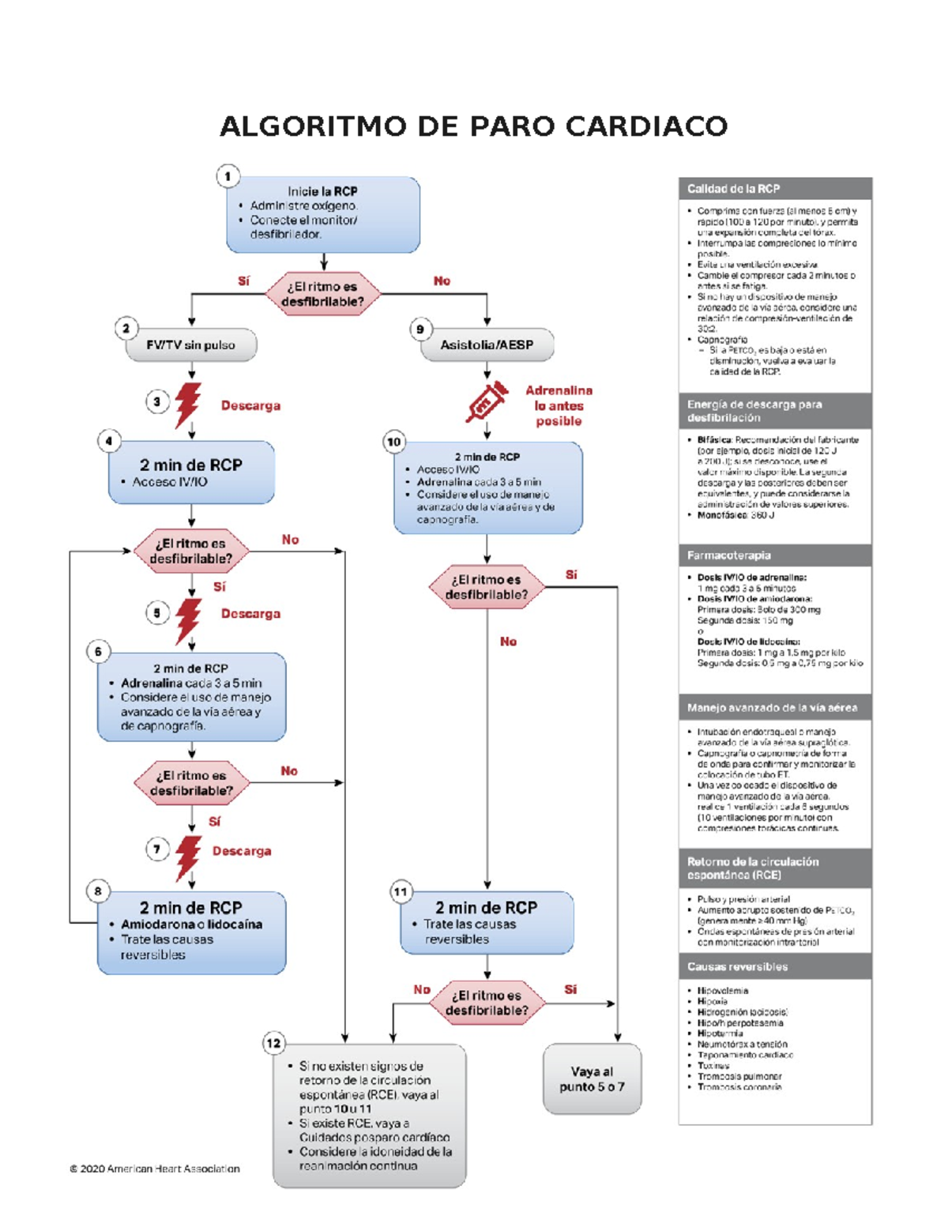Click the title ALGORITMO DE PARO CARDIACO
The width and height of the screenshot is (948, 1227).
coord(473,126)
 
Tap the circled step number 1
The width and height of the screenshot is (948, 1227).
coord(228,176)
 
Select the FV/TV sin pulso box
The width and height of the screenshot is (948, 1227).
coord(191,345)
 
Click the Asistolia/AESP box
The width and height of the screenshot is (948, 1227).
coord(487,345)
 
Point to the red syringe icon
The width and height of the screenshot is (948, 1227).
coord(486,402)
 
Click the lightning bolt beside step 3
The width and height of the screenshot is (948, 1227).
coord(188,404)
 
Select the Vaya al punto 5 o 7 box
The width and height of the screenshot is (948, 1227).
coord(592,1079)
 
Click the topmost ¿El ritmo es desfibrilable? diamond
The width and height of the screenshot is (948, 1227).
coord(322,294)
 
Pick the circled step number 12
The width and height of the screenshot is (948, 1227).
coord(273,1043)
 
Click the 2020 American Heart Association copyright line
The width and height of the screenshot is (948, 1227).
coord(155,1169)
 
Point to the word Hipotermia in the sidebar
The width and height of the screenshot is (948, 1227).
coord(720,1033)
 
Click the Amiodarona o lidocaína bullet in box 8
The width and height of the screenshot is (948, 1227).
coord(191,924)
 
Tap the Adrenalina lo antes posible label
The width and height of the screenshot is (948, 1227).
coord(559,406)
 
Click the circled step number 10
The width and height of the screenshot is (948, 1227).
coord(394,442)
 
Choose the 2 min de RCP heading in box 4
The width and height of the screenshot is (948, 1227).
coord(191,465)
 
